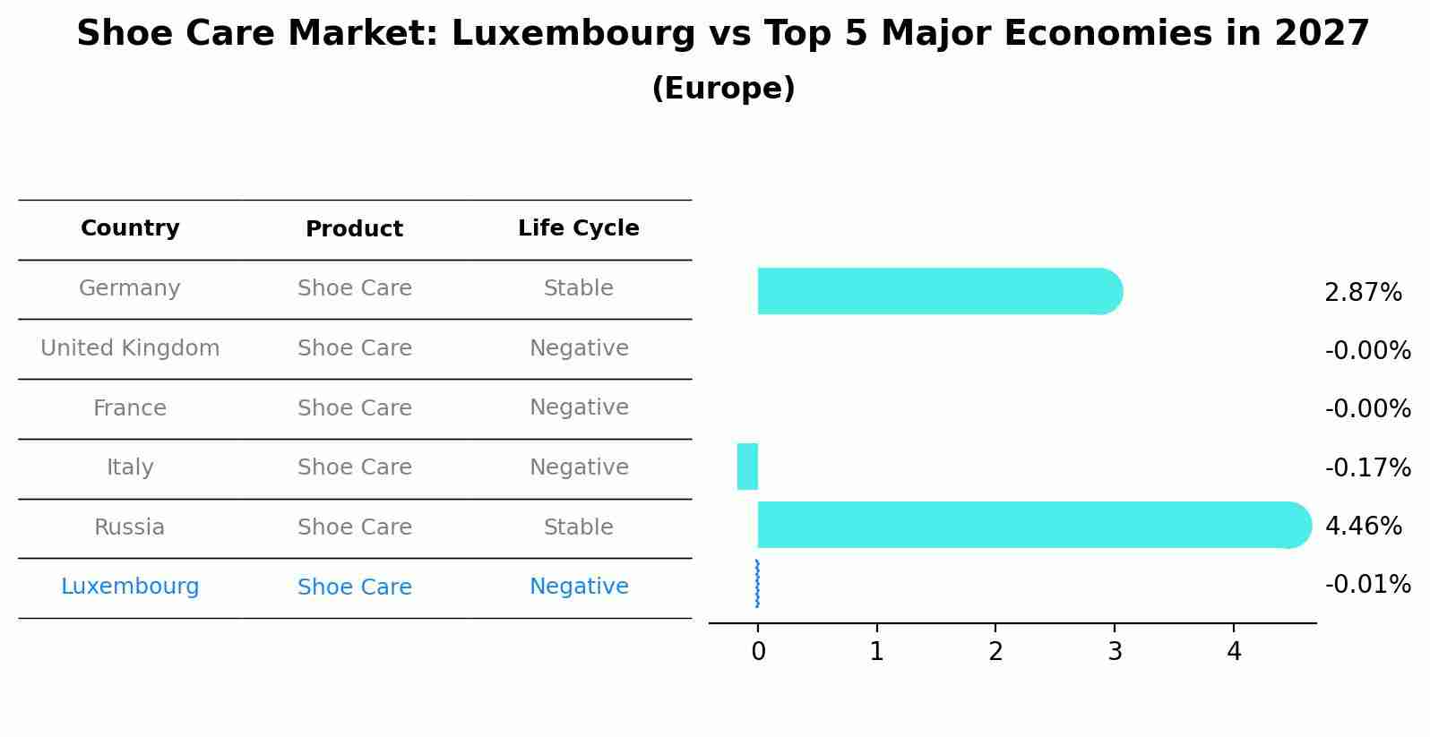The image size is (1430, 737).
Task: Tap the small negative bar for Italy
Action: (747, 467)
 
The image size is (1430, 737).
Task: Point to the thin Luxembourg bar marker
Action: (758, 584)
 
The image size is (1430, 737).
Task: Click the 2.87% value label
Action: (1363, 293)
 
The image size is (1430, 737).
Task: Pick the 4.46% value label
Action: (1363, 526)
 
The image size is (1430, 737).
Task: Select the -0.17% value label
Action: (1367, 467)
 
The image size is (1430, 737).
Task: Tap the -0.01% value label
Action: (1367, 585)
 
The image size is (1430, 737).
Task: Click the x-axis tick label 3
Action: (1115, 652)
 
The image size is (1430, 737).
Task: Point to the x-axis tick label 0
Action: (758, 652)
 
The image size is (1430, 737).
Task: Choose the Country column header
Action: (130, 228)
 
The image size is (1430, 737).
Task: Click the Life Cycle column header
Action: (579, 228)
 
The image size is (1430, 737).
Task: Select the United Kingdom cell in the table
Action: (130, 348)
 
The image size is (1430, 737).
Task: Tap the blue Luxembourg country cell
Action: (130, 587)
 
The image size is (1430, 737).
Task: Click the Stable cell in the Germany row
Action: (579, 288)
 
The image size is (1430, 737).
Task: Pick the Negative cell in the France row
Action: (579, 407)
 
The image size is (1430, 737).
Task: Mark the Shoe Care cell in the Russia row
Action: (355, 527)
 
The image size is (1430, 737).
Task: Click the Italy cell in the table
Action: (130, 467)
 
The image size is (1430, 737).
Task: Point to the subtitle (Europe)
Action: (723, 89)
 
